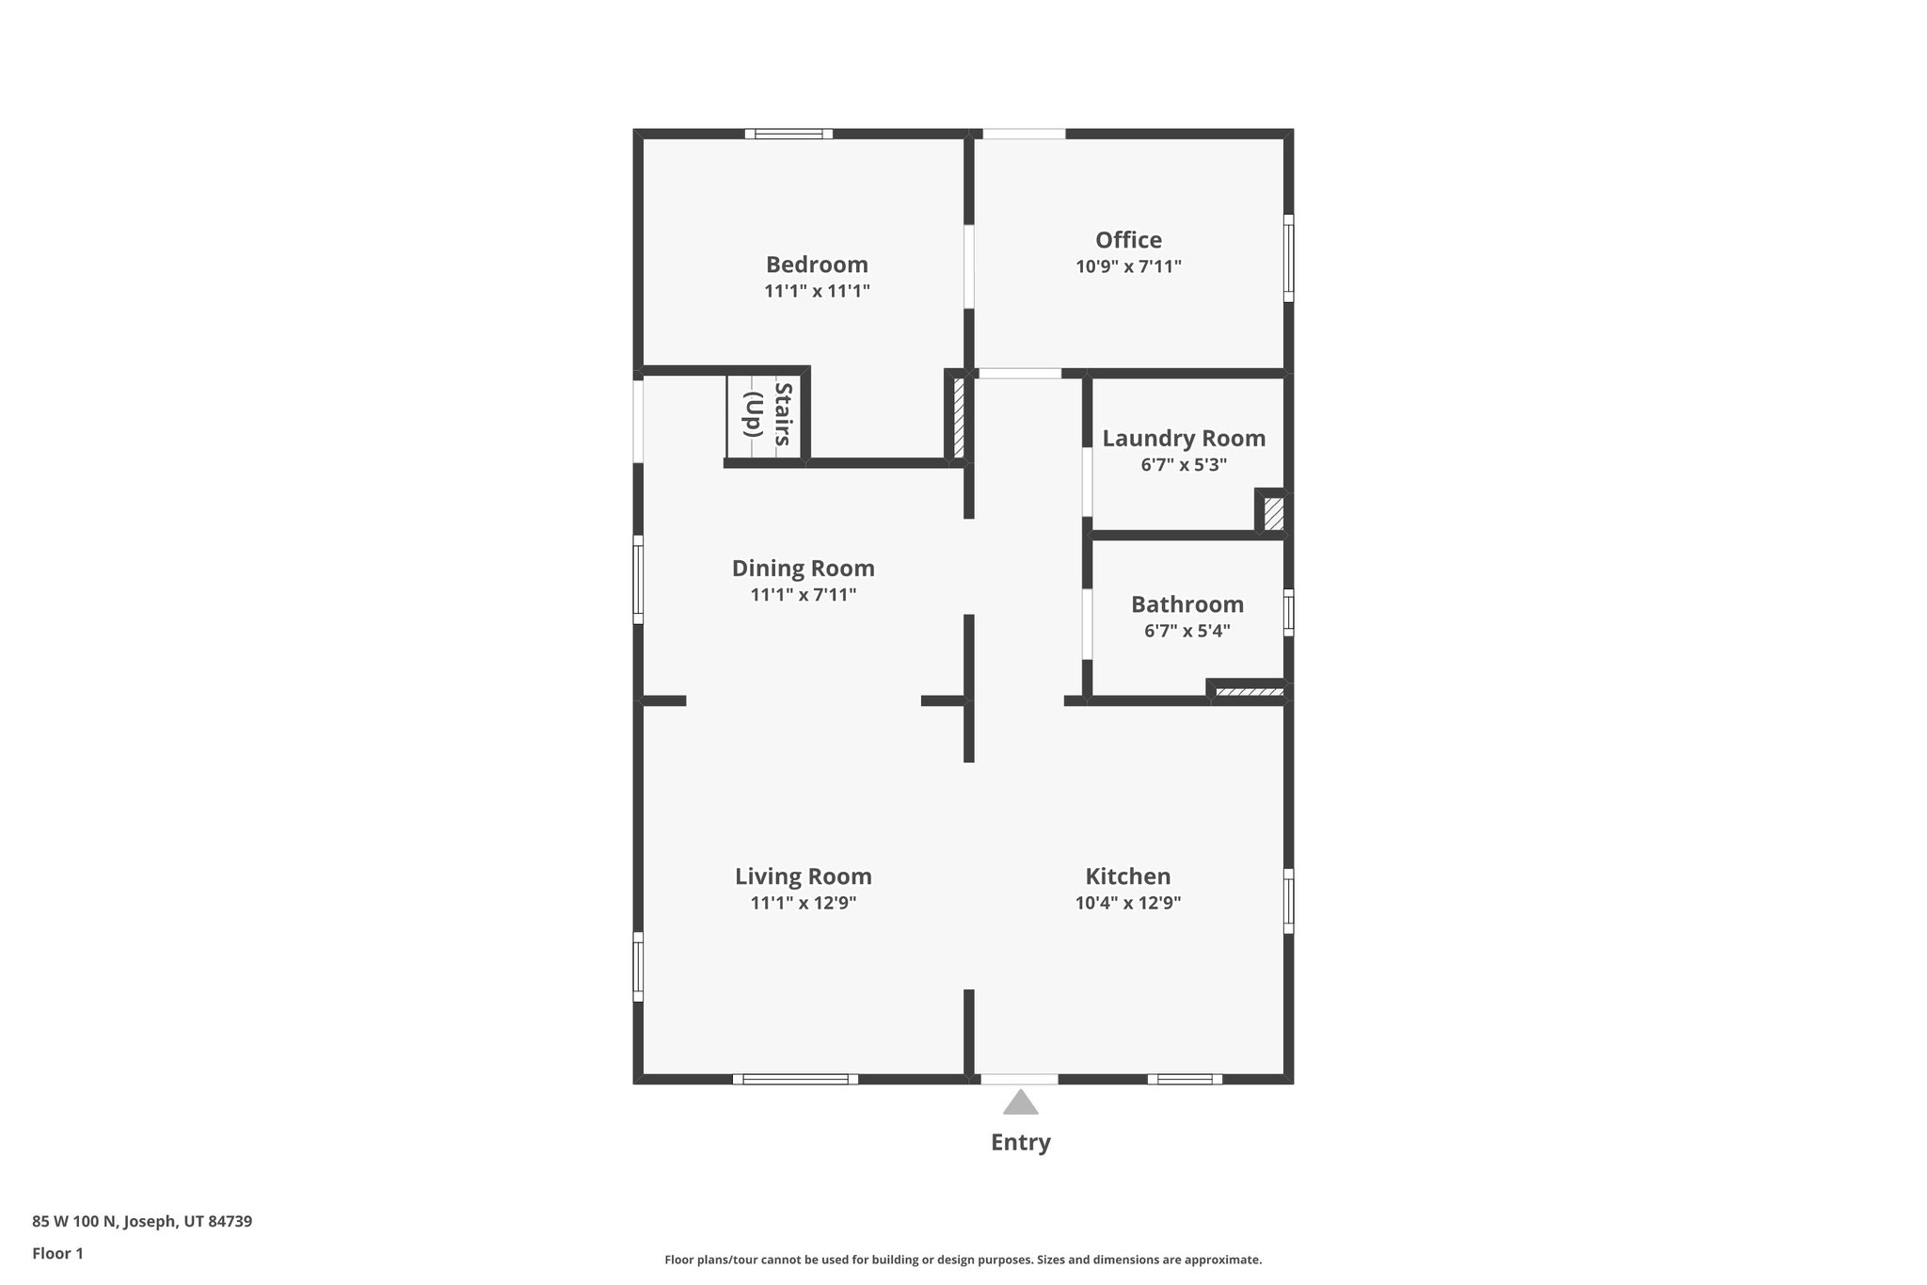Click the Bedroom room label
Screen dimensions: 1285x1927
(816, 265)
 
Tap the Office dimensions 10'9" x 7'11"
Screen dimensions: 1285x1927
(1128, 266)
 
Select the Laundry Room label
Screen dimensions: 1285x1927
(1184, 439)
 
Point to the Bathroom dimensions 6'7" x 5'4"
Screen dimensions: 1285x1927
(1186, 631)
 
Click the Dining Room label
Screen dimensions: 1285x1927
(803, 569)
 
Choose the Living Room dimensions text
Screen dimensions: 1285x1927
(803, 903)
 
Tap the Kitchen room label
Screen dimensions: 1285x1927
(1127, 876)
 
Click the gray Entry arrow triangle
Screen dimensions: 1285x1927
(1020, 1102)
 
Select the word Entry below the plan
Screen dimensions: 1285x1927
(1020, 1142)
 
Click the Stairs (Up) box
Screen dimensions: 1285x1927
(764, 416)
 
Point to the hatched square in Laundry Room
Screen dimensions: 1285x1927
(1273, 514)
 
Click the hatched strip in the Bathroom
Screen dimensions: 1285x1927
(1249, 693)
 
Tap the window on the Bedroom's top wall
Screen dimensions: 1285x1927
(788, 134)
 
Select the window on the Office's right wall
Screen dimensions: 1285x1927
(1288, 258)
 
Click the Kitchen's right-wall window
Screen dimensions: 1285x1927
(1288, 901)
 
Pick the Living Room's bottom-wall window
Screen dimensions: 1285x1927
(795, 1079)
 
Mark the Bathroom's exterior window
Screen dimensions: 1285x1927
(1288, 612)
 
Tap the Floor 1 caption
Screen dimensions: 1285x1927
(57, 1253)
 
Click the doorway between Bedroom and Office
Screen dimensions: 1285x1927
(968, 266)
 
